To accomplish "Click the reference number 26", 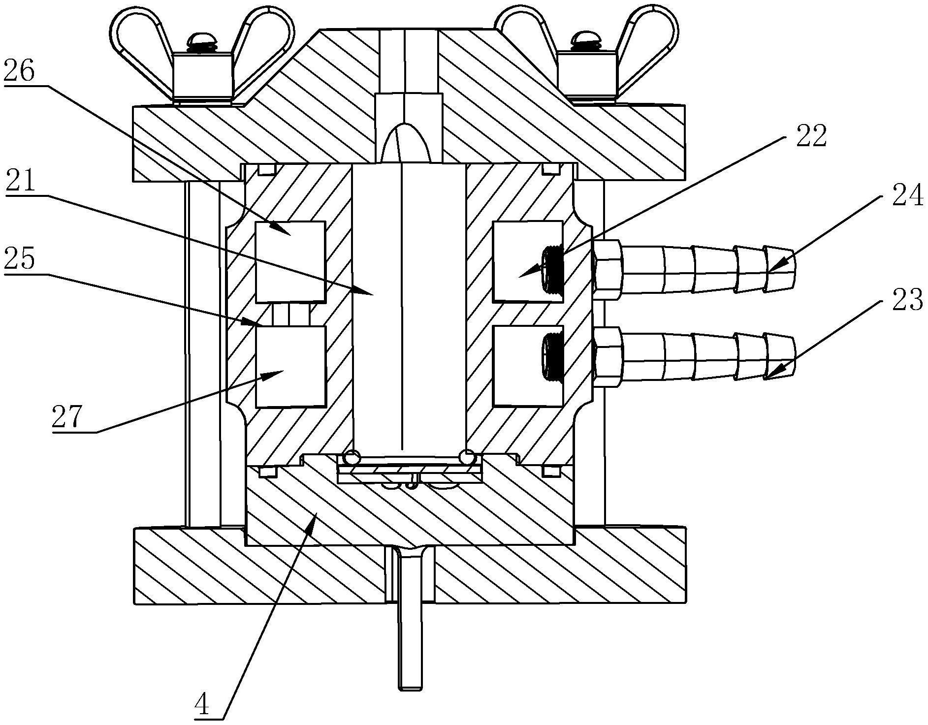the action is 20,72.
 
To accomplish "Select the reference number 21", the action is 20,183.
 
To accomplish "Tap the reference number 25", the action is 20,259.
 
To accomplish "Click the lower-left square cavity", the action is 290,367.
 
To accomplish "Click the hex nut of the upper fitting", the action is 608,269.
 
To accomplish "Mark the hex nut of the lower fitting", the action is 608,358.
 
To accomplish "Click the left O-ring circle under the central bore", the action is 352,457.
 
